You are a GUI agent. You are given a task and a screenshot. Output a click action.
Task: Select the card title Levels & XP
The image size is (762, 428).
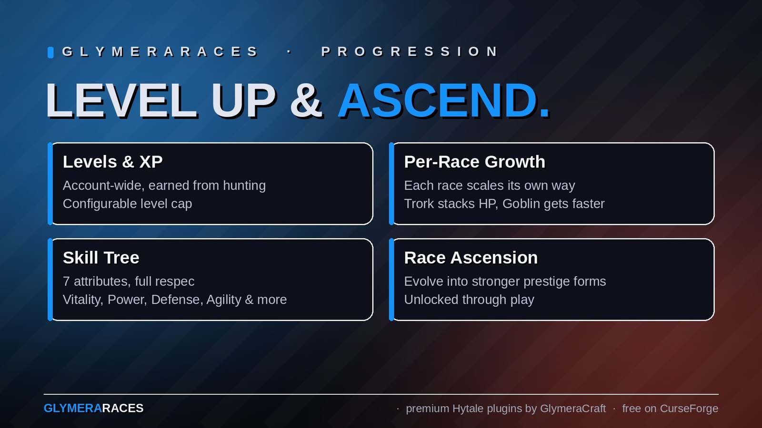tap(112, 162)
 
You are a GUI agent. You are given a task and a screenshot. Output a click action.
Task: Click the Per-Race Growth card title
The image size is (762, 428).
tap(474, 162)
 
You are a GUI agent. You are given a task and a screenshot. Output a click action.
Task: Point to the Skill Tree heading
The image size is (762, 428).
tap(101, 258)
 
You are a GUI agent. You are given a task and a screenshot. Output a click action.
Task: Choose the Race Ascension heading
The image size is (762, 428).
tap(471, 258)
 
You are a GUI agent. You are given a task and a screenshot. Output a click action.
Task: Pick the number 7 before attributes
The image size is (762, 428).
tap(66, 281)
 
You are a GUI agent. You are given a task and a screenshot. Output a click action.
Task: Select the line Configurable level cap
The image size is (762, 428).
tap(128, 204)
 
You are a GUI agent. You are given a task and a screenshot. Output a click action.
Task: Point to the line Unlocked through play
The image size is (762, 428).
tap(469, 300)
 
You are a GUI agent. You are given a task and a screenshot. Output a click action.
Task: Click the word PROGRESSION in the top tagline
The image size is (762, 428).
tap(410, 52)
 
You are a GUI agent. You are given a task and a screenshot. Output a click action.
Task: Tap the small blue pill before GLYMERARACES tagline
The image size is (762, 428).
tap(50, 52)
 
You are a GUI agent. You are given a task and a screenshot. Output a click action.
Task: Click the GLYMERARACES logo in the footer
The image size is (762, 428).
tap(93, 409)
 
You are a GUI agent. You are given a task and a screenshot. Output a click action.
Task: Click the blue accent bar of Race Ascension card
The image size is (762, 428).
tap(391, 280)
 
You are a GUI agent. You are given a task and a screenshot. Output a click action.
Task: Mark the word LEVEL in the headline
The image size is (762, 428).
tap(121, 100)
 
